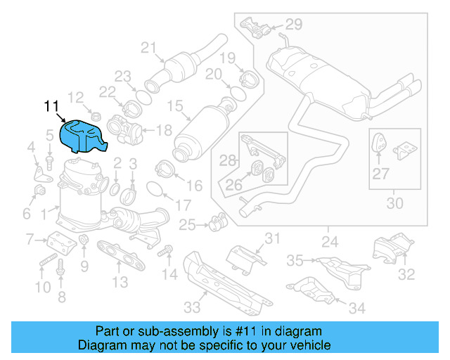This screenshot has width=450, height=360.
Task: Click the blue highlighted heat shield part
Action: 83,136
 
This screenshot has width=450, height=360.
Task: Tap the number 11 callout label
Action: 51,107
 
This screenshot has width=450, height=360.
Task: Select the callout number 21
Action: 148,48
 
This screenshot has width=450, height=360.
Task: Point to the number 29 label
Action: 292,25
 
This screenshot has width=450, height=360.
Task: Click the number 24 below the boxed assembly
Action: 328,243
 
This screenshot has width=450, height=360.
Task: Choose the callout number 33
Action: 191,307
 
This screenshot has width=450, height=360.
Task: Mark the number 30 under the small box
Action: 395,204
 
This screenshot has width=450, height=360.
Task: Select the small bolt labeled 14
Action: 167,250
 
